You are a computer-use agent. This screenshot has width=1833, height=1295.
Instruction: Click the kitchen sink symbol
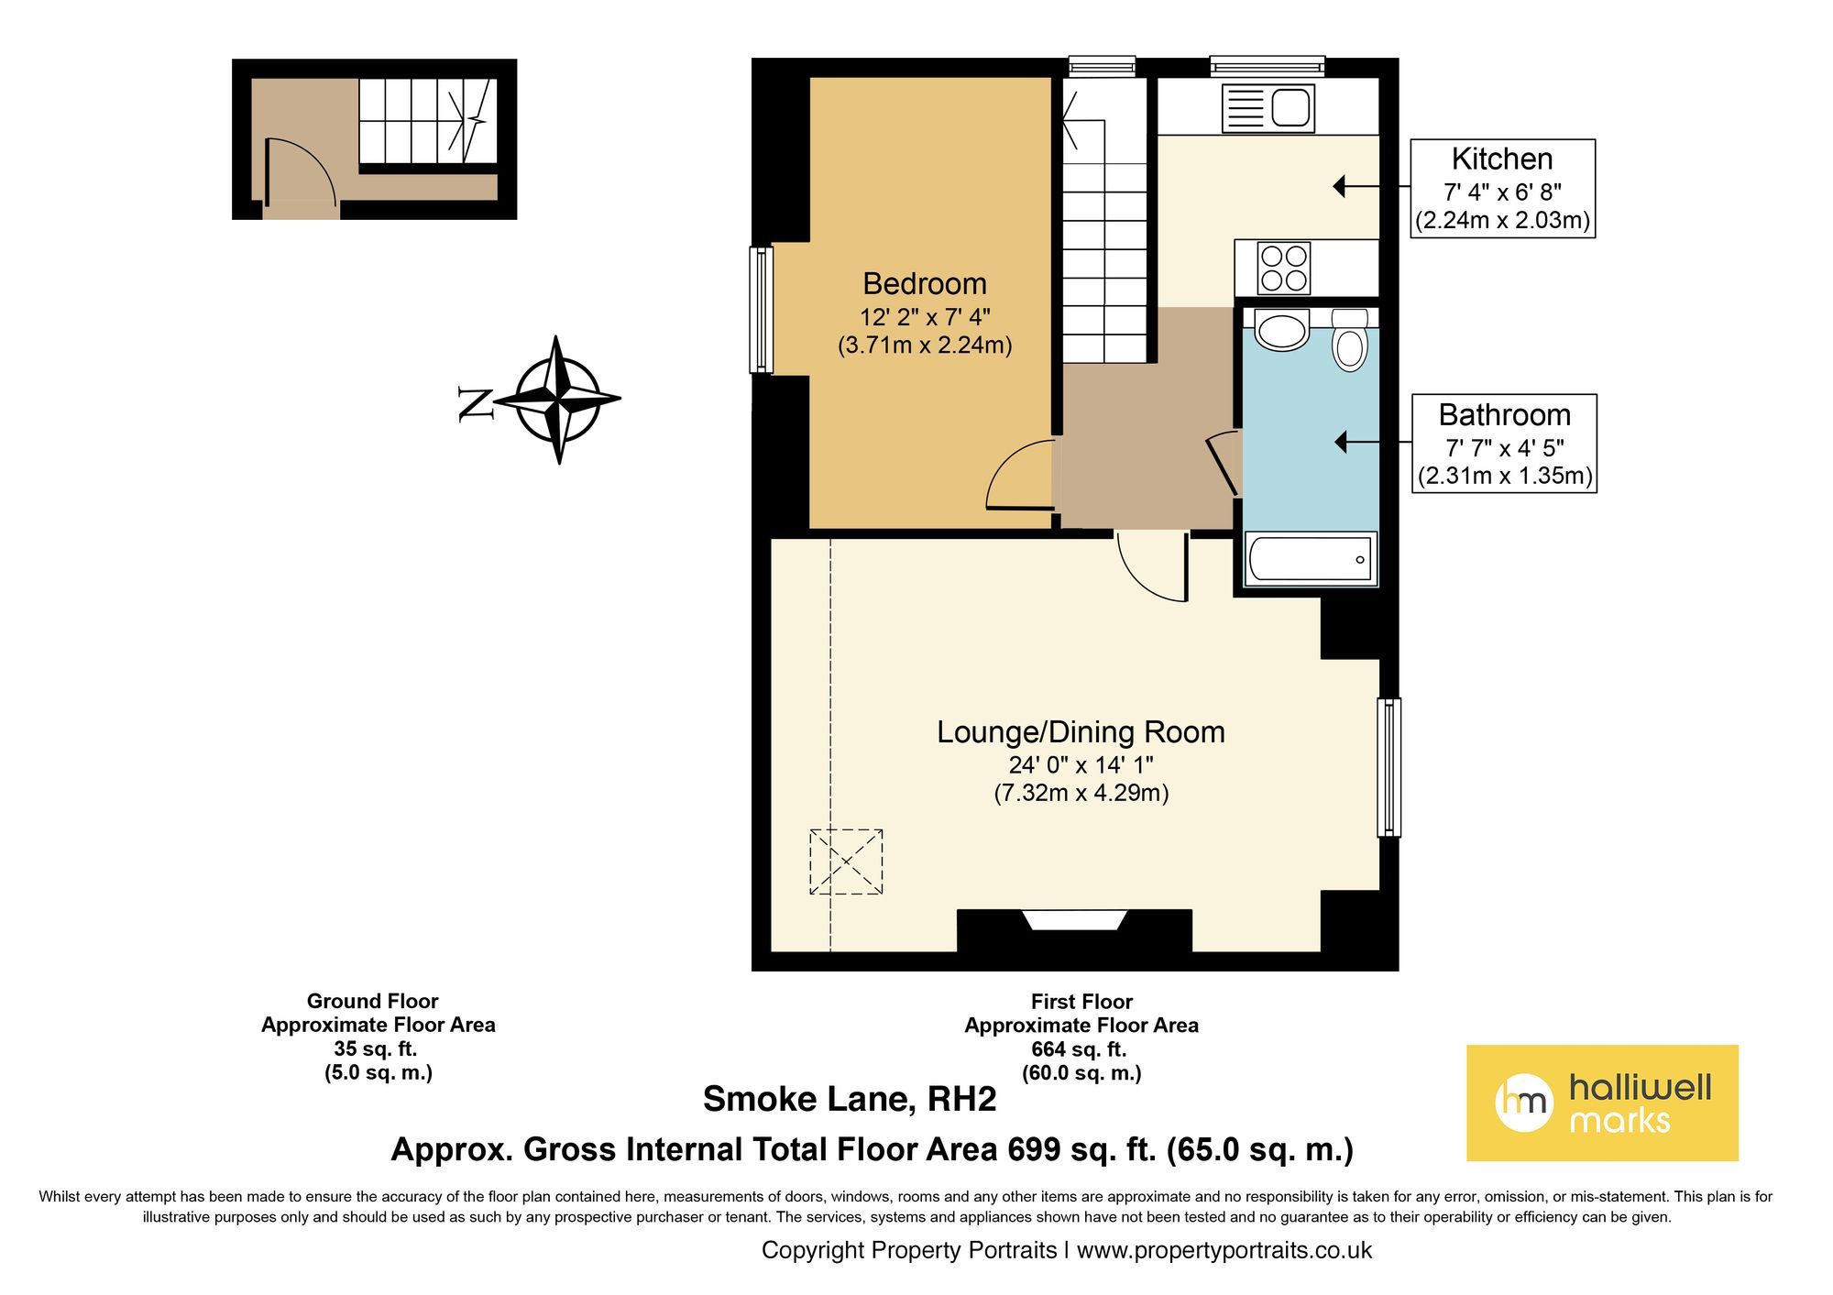click(x=1268, y=108)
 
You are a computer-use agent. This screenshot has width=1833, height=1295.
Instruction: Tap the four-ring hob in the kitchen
click(x=1283, y=268)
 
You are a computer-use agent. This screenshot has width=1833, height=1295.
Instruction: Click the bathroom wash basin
click(x=1281, y=330)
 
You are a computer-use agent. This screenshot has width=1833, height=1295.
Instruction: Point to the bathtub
click(x=1310, y=558)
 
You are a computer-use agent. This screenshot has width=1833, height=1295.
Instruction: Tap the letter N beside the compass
click(x=476, y=403)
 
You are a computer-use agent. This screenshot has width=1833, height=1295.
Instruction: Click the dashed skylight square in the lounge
click(x=846, y=862)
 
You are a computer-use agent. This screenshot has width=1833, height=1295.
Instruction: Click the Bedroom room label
click(x=925, y=283)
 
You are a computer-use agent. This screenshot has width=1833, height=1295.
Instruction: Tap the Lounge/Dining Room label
click(x=1081, y=731)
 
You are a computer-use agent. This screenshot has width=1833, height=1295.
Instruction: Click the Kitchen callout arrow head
click(x=1339, y=187)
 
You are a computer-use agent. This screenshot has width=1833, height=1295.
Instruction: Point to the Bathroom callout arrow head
click(x=1341, y=443)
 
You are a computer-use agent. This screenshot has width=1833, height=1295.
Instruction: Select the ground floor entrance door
click(x=302, y=170)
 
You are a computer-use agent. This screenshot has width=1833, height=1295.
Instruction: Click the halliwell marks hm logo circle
click(x=1524, y=1103)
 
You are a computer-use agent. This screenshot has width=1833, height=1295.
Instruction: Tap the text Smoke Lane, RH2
click(x=849, y=1099)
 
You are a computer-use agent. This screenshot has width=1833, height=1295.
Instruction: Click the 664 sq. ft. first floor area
click(x=1081, y=1049)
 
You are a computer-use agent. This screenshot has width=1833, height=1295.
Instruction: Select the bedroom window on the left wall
click(x=762, y=310)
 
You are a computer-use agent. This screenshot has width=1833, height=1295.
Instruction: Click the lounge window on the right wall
click(x=1389, y=767)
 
